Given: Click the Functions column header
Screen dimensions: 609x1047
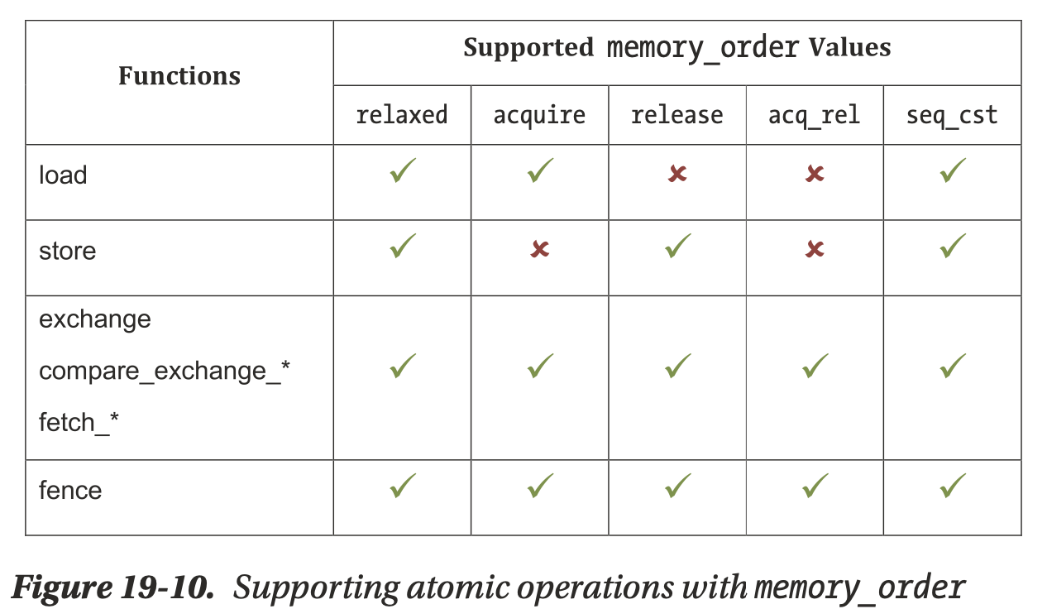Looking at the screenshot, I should (x=179, y=76).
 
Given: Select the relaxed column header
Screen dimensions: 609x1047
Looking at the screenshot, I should (x=402, y=114).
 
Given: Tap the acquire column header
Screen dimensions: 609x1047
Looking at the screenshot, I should (x=539, y=114).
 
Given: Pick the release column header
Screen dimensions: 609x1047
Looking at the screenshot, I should (x=676, y=114).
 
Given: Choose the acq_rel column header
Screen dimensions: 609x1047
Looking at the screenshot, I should (x=814, y=114).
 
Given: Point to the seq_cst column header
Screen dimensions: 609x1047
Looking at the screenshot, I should (x=952, y=114).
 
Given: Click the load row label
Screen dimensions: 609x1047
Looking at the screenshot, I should (x=63, y=175).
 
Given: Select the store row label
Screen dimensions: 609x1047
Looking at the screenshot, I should (x=68, y=251).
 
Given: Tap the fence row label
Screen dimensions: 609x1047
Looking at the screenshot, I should (x=70, y=491).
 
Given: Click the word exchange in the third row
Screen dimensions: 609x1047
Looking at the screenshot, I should (x=95, y=319).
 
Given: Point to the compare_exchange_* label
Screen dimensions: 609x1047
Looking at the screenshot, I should (x=165, y=371).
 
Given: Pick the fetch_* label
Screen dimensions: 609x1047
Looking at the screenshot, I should (x=79, y=423).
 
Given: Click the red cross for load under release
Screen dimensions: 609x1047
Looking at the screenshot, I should (x=677, y=174).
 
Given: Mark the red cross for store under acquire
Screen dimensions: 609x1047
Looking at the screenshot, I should (x=540, y=249).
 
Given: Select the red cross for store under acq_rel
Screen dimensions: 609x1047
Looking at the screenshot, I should (x=815, y=249).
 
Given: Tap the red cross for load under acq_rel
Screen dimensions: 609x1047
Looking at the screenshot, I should (x=815, y=174).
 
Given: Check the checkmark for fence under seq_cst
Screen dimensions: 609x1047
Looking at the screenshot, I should (x=953, y=486).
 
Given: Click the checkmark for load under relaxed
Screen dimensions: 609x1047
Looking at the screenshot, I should (x=403, y=171).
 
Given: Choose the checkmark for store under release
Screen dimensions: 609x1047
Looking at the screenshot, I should (x=677, y=246).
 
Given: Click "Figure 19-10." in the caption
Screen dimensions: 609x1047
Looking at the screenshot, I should (x=113, y=587).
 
